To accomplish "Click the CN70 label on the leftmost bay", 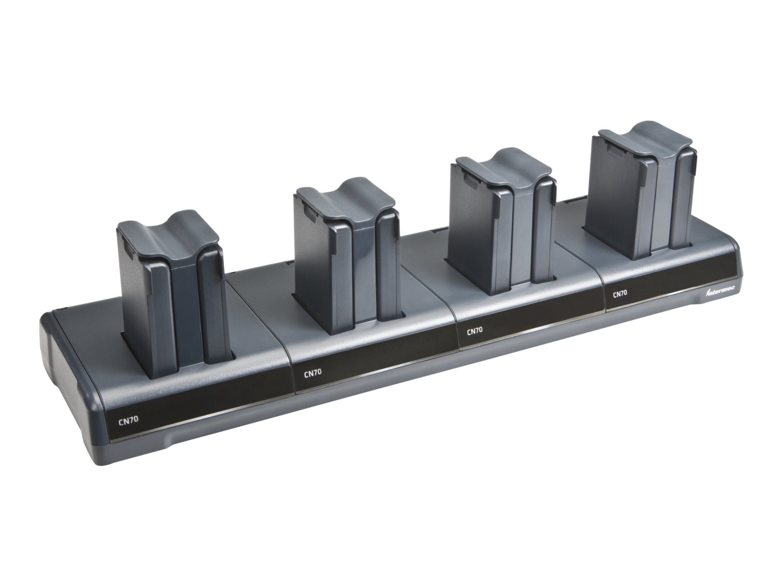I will [128, 421].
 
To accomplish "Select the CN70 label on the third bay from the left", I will [475, 330].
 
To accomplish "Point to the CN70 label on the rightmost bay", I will [620, 293].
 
